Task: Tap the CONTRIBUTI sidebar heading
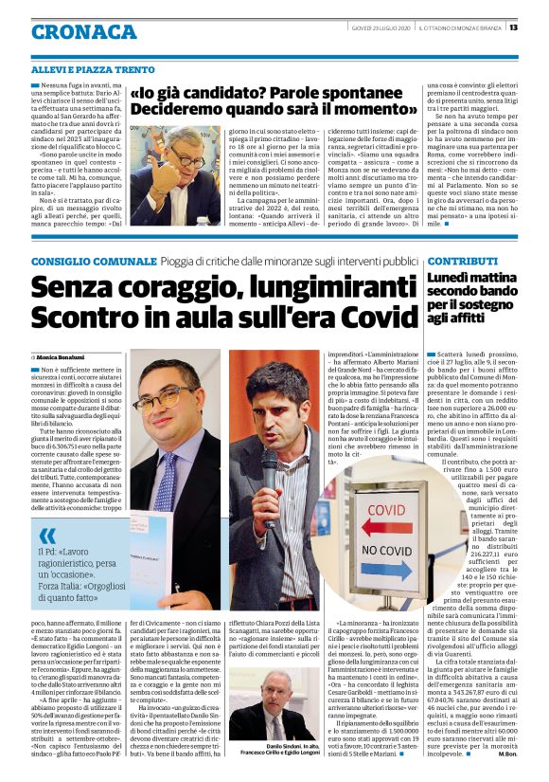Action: click(462, 260)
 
